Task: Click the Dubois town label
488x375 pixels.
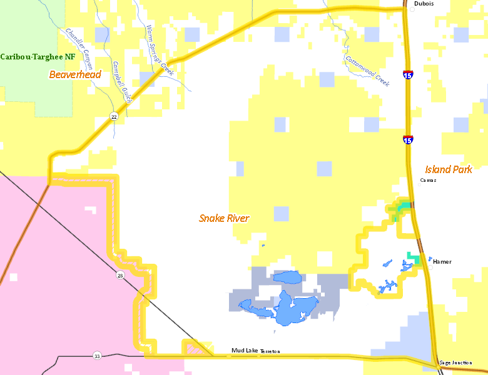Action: [424, 3]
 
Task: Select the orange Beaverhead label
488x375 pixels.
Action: [75, 75]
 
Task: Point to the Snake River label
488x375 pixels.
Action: [224, 218]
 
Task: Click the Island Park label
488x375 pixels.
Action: [448, 169]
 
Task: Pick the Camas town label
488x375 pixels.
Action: [428, 180]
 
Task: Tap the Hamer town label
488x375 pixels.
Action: [442, 262]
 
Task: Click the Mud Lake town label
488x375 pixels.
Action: [244, 351]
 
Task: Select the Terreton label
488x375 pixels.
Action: [270, 351]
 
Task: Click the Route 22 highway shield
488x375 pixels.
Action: [114, 116]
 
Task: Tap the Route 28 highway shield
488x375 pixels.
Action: [119, 275]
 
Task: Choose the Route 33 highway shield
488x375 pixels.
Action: [97, 356]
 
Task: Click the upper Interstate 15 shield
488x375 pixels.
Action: [407, 75]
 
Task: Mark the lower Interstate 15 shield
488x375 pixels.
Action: [407, 139]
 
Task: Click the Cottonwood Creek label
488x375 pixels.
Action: [367, 71]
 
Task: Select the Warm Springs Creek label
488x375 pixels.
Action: [159, 50]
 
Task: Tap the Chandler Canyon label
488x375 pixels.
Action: [79, 49]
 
